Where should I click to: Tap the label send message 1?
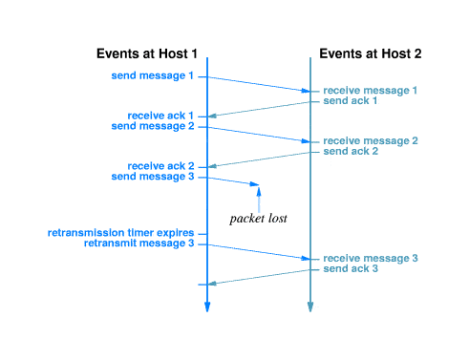point(153,74)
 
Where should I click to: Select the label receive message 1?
point(371,90)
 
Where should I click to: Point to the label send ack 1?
point(351,100)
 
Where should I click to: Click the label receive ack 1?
point(160,116)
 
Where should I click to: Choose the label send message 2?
point(153,125)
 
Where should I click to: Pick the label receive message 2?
point(371,140)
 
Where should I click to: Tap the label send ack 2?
point(351,151)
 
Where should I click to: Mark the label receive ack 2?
point(160,166)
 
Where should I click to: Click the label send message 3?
point(153,176)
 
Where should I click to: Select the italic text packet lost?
point(259,219)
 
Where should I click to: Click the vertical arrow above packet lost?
point(258,199)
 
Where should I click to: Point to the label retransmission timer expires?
point(121,233)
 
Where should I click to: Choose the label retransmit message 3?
point(139,243)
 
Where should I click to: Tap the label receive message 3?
point(371,259)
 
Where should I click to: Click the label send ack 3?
point(351,269)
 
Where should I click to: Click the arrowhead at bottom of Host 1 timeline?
point(206,307)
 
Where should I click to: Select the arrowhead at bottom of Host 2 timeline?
point(309,307)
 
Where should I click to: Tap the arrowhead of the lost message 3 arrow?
point(255,184)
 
